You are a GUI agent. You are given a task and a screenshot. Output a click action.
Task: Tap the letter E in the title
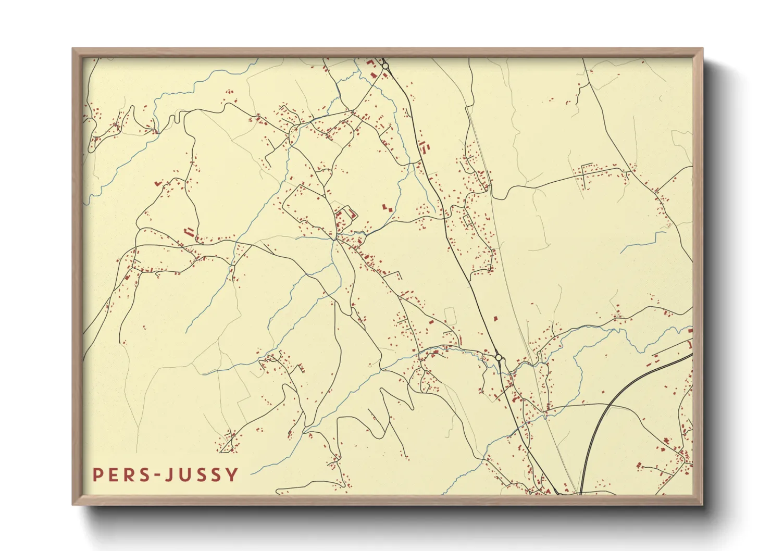tap(116, 475)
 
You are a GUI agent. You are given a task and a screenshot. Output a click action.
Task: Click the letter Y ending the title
tap(233, 475)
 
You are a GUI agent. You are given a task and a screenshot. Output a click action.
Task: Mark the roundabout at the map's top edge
tap(385, 66)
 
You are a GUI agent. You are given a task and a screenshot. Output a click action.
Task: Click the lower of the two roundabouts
tap(499, 358)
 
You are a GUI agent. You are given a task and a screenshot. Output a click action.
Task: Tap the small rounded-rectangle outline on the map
tap(450, 316)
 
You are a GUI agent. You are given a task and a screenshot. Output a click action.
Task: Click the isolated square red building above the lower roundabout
tap(495, 318)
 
